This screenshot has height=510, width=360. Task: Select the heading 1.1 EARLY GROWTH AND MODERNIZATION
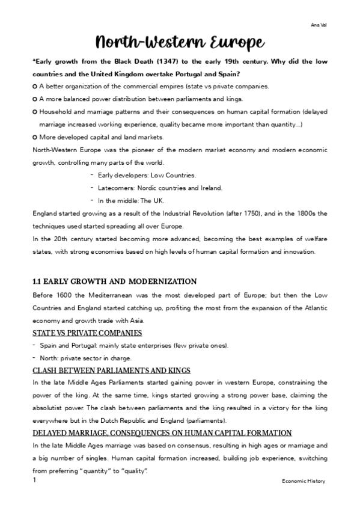114,281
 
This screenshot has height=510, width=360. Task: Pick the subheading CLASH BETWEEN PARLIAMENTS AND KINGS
111,370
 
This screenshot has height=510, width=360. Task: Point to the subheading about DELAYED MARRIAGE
162,432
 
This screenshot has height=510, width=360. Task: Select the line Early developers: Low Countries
147,175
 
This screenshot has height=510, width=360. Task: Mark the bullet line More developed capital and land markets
100,137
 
